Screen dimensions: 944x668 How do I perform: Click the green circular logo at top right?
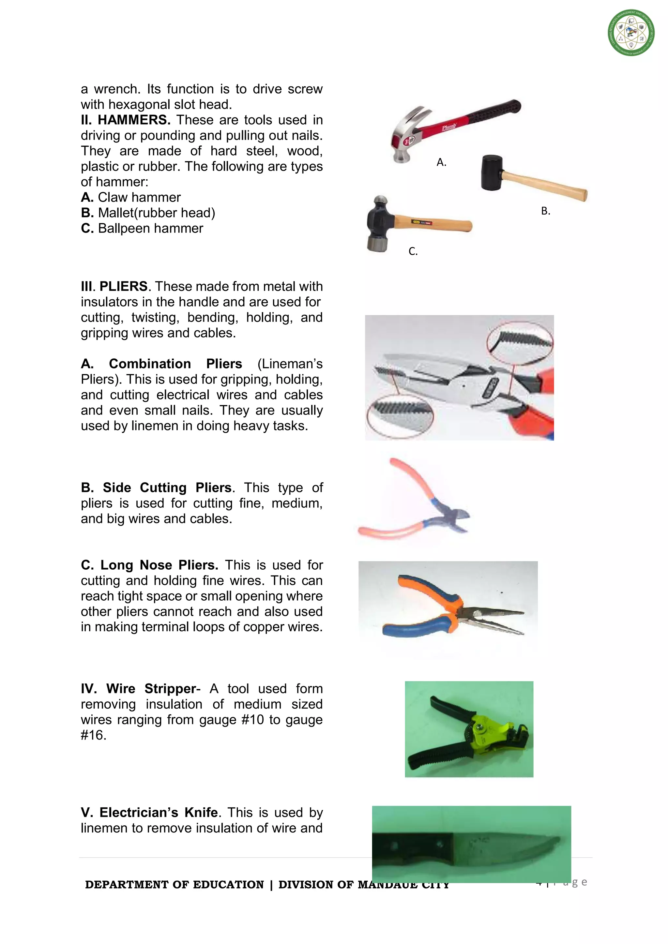(631, 33)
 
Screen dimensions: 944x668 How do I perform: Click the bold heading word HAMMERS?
(134, 120)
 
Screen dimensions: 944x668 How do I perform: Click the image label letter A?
(441, 162)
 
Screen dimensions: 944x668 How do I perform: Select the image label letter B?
(545, 211)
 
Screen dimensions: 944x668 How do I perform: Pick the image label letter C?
(413, 251)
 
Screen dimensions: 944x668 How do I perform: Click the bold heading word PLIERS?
(123, 286)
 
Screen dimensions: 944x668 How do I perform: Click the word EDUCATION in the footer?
(228, 885)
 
